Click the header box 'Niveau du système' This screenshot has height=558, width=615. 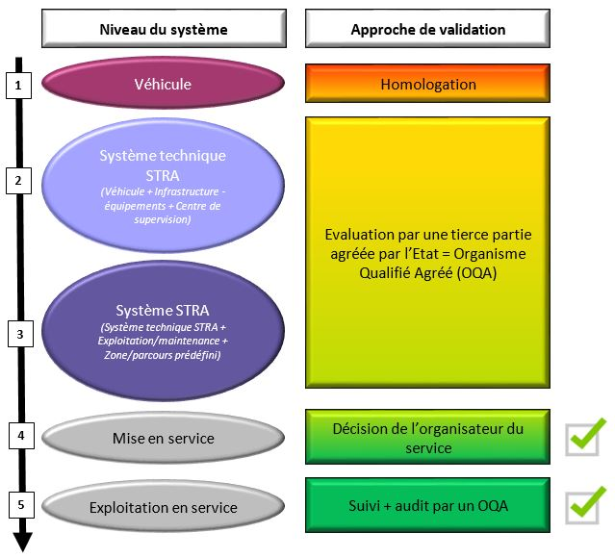[164, 29]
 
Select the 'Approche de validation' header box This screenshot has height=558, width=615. [427, 29]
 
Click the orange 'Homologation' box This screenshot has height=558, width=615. [427, 84]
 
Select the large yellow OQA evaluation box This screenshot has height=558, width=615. [427, 252]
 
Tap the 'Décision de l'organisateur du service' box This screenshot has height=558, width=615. [427, 438]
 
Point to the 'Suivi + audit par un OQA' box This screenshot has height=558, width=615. [427, 504]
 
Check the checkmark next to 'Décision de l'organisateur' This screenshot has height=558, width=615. [586, 436]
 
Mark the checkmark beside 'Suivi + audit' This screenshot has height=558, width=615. [586, 502]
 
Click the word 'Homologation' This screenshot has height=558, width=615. [427, 85]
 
